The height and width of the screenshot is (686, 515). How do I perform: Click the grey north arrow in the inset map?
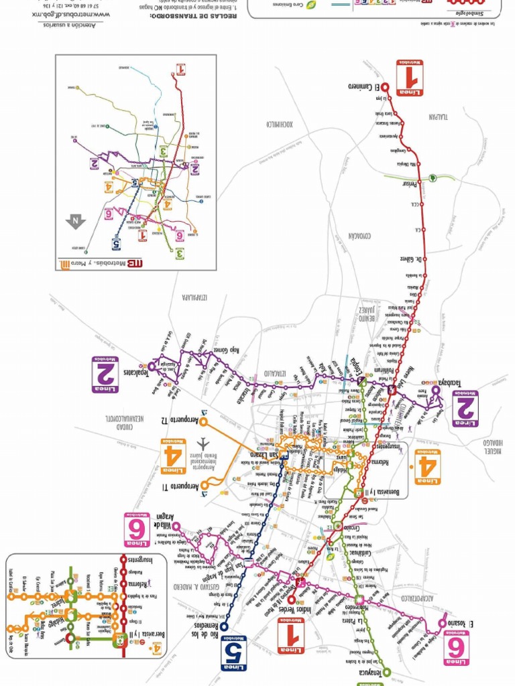coord(75,220)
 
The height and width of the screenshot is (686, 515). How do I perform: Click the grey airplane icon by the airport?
coord(204,443)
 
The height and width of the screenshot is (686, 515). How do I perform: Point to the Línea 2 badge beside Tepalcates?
coord(105,374)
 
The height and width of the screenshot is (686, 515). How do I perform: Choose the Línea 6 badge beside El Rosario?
coord(456,648)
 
